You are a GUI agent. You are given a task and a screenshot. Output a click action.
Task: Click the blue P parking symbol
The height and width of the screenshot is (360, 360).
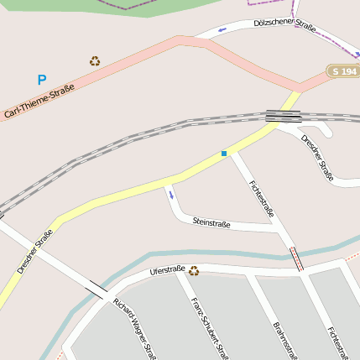[x=41, y=81]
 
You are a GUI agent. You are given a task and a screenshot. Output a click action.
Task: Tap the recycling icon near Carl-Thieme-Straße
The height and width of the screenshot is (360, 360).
[x=95, y=60]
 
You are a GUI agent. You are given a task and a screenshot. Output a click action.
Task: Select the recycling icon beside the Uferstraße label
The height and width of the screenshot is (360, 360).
[x=194, y=270]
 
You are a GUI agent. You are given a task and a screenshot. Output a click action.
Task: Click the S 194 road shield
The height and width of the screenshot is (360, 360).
[x=343, y=71]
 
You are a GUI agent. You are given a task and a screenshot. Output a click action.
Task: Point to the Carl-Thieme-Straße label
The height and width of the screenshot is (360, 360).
[x=39, y=101]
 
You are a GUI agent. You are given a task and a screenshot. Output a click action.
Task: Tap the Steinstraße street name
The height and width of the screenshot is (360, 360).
[x=211, y=223]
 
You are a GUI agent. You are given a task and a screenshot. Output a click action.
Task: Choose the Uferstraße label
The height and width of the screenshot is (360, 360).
[x=166, y=270]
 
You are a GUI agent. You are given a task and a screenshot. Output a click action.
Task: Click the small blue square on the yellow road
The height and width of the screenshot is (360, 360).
[x=224, y=153]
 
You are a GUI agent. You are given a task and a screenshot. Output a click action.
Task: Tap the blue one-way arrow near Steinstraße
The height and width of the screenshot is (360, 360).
[x=170, y=195]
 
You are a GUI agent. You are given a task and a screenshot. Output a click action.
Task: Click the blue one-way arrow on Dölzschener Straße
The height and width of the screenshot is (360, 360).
[x=222, y=31]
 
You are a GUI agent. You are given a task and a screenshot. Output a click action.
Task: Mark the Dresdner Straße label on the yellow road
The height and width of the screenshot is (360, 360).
[x=34, y=251]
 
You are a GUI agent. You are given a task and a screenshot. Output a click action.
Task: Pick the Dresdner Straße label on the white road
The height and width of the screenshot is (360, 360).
[x=317, y=157]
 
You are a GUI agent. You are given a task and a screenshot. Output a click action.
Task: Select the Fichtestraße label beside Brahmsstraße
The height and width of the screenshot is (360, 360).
[x=337, y=340]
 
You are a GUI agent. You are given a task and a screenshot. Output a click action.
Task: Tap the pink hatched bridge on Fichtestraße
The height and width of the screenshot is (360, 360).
[x=296, y=259]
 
